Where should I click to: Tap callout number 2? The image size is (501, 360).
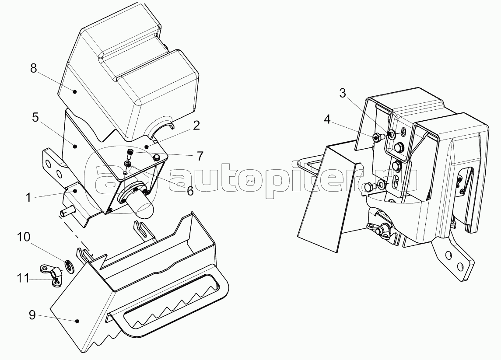[x=196, y=126]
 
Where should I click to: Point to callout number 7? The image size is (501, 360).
[x=200, y=155]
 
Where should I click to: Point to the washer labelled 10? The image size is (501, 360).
[x=69, y=265]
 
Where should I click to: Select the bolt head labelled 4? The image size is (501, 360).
[x=376, y=138]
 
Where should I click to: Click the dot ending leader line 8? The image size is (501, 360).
[x=75, y=91]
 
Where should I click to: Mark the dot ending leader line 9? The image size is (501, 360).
[x=78, y=322]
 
